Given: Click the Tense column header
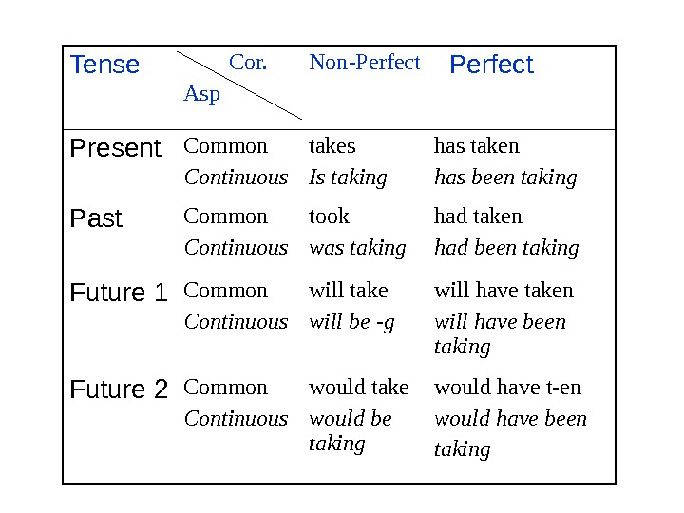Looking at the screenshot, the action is [105, 65].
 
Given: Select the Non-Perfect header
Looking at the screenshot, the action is [364, 63].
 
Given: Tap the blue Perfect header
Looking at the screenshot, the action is [491, 65].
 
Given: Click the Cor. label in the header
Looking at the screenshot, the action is [248, 64].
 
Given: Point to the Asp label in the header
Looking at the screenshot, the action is [200, 94].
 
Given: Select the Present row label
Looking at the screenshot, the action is [116, 148].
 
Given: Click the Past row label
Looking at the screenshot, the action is [97, 218].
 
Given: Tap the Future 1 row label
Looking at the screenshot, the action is [119, 293].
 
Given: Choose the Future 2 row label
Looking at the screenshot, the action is [119, 389].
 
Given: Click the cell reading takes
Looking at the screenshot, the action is [332, 146].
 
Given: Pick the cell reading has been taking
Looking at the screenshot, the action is [505, 178].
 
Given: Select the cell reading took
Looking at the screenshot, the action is [329, 217].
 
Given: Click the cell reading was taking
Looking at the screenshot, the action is [357, 248].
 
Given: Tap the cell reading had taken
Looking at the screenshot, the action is [478, 217].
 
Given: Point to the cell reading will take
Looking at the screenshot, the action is [349, 291].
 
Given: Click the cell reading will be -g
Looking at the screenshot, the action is [351, 322].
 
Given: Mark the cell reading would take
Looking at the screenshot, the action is [358, 388].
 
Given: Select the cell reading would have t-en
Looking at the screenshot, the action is [507, 388].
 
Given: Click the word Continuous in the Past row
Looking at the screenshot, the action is [236, 248].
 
